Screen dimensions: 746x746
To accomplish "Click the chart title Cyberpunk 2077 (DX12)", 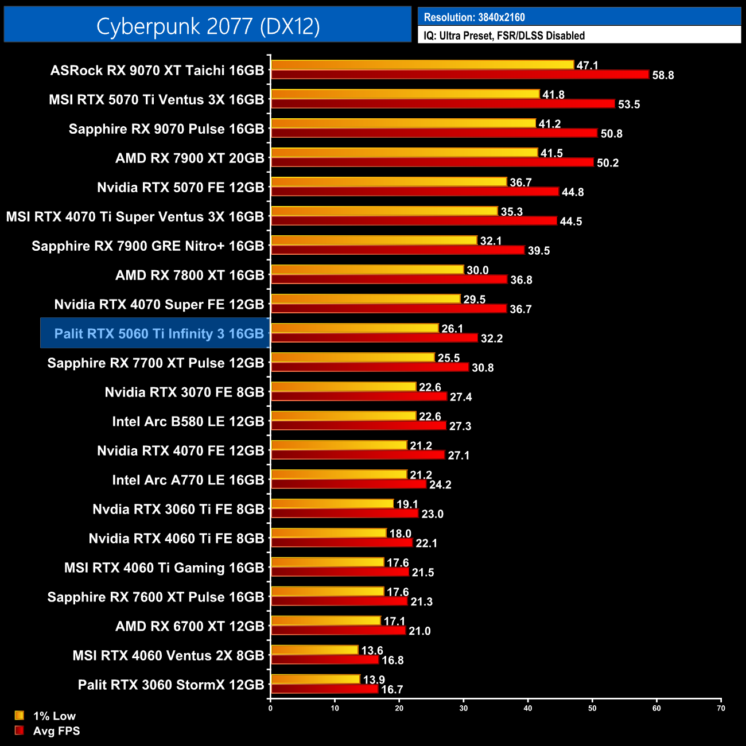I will pyautogui.click(x=208, y=26).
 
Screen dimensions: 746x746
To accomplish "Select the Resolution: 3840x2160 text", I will pyautogui.click(x=474, y=17).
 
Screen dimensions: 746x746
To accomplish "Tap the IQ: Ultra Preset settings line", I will pyautogui.click(x=504, y=36).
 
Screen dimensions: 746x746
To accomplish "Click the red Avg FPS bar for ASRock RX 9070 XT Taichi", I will pyautogui.click(x=459, y=75).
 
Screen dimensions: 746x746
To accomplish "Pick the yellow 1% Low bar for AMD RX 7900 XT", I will pyautogui.click(x=404, y=153).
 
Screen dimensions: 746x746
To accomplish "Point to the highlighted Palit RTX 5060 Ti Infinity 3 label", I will pyautogui.click(x=159, y=333).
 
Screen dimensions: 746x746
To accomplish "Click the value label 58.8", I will pyautogui.click(x=663, y=75).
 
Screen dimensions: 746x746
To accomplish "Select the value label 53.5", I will pyautogui.click(x=628, y=104).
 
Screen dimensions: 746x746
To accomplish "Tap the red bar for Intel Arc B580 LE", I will pyautogui.click(x=358, y=426).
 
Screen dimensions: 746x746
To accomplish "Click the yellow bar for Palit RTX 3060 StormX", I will pyautogui.click(x=315, y=679).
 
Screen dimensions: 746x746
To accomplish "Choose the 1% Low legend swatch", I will pyautogui.click(x=20, y=716).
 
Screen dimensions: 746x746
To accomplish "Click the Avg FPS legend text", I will pyautogui.click(x=56, y=731).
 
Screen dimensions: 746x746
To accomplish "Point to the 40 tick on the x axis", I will pyautogui.click(x=528, y=708).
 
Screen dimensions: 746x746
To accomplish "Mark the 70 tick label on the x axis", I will pyautogui.click(x=721, y=708).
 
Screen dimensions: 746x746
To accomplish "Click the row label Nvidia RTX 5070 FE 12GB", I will pyautogui.click(x=180, y=187).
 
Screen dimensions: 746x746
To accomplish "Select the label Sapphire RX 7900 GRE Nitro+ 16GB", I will pyautogui.click(x=147, y=246).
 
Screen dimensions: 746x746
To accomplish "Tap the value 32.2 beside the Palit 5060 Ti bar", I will pyautogui.click(x=491, y=339).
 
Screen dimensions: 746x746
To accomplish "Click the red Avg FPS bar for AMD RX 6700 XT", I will pyautogui.click(x=338, y=631).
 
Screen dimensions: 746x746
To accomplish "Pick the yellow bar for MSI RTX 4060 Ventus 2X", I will pyautogui.click(x=314, y=650).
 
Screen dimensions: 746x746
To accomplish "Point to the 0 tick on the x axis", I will pyautogui.click(x=270, y=708).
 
